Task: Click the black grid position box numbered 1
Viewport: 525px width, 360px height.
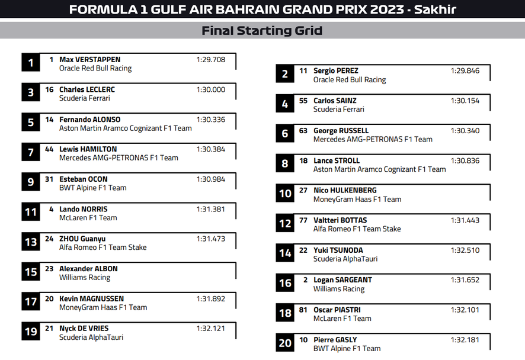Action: [x=31, y=62]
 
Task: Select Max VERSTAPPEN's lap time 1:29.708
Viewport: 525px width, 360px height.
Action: [x=210, y=60]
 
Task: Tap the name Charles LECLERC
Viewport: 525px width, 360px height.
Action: [x=87, y=90]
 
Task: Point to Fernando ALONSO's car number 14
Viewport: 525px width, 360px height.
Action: [x=49, y=120]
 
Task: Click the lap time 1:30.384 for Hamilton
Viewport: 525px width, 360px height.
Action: [x=210, y=150]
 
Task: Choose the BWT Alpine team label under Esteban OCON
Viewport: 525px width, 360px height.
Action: [x=92, y=188]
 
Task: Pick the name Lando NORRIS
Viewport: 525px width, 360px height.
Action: [x=83, y=210]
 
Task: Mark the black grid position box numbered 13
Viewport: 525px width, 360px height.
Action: [x=31, y=242]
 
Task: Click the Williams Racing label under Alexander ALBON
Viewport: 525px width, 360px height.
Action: [x=85, y=278]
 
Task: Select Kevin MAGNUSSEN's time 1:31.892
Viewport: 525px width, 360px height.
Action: [x=210, y=299]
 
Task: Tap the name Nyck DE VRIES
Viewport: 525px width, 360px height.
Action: [x=84, y=329]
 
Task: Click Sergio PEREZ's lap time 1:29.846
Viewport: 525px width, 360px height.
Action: [x=465, y=71]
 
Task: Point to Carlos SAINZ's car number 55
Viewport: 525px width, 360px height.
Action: [x=303, y=101]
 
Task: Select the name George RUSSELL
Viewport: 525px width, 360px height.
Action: [x=341, y=131]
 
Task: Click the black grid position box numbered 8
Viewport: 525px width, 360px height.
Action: [x=285, y=163]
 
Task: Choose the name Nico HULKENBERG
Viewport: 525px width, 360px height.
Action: [x=345, y=191]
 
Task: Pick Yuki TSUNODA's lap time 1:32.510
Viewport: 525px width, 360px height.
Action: [x=465, y=250]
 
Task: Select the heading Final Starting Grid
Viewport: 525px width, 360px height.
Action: [x=262, y=31]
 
